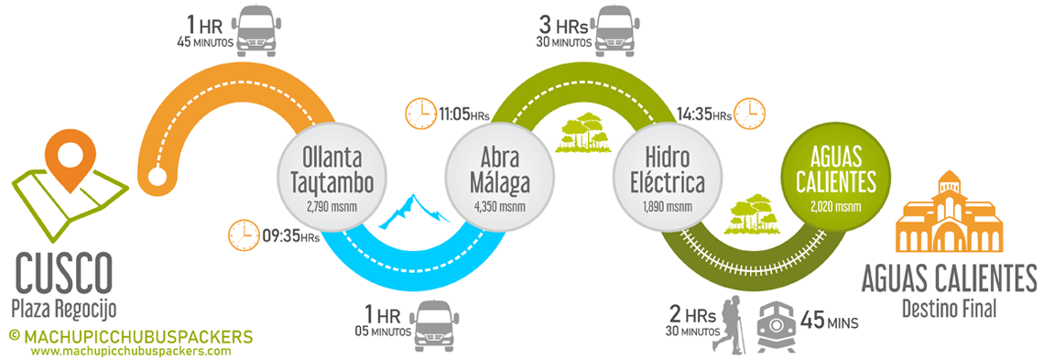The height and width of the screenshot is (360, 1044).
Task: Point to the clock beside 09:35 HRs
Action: tap(244, 235)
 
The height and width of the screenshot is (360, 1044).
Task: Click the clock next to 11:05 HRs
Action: tap(420, 114)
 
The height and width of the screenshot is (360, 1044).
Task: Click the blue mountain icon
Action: tap(413, 211)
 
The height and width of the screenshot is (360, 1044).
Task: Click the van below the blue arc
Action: tap(436, 324)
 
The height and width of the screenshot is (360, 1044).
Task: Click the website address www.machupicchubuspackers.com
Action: tap(131, 351)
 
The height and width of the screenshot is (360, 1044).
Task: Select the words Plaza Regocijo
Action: tap(64, 307)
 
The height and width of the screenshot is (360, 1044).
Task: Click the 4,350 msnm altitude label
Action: tap(500, 206)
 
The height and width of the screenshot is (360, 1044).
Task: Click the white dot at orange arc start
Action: tap(158, 177)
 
